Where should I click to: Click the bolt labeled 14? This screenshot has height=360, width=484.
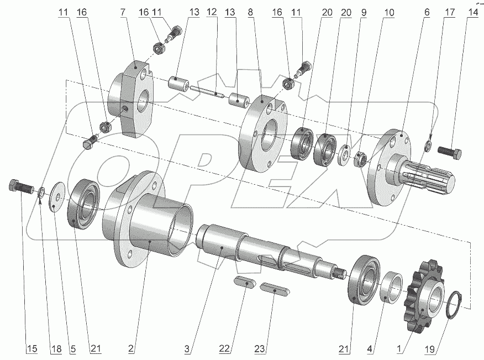451,150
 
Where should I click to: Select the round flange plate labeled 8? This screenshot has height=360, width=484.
260,138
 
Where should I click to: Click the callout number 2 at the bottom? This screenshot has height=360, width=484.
130,348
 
